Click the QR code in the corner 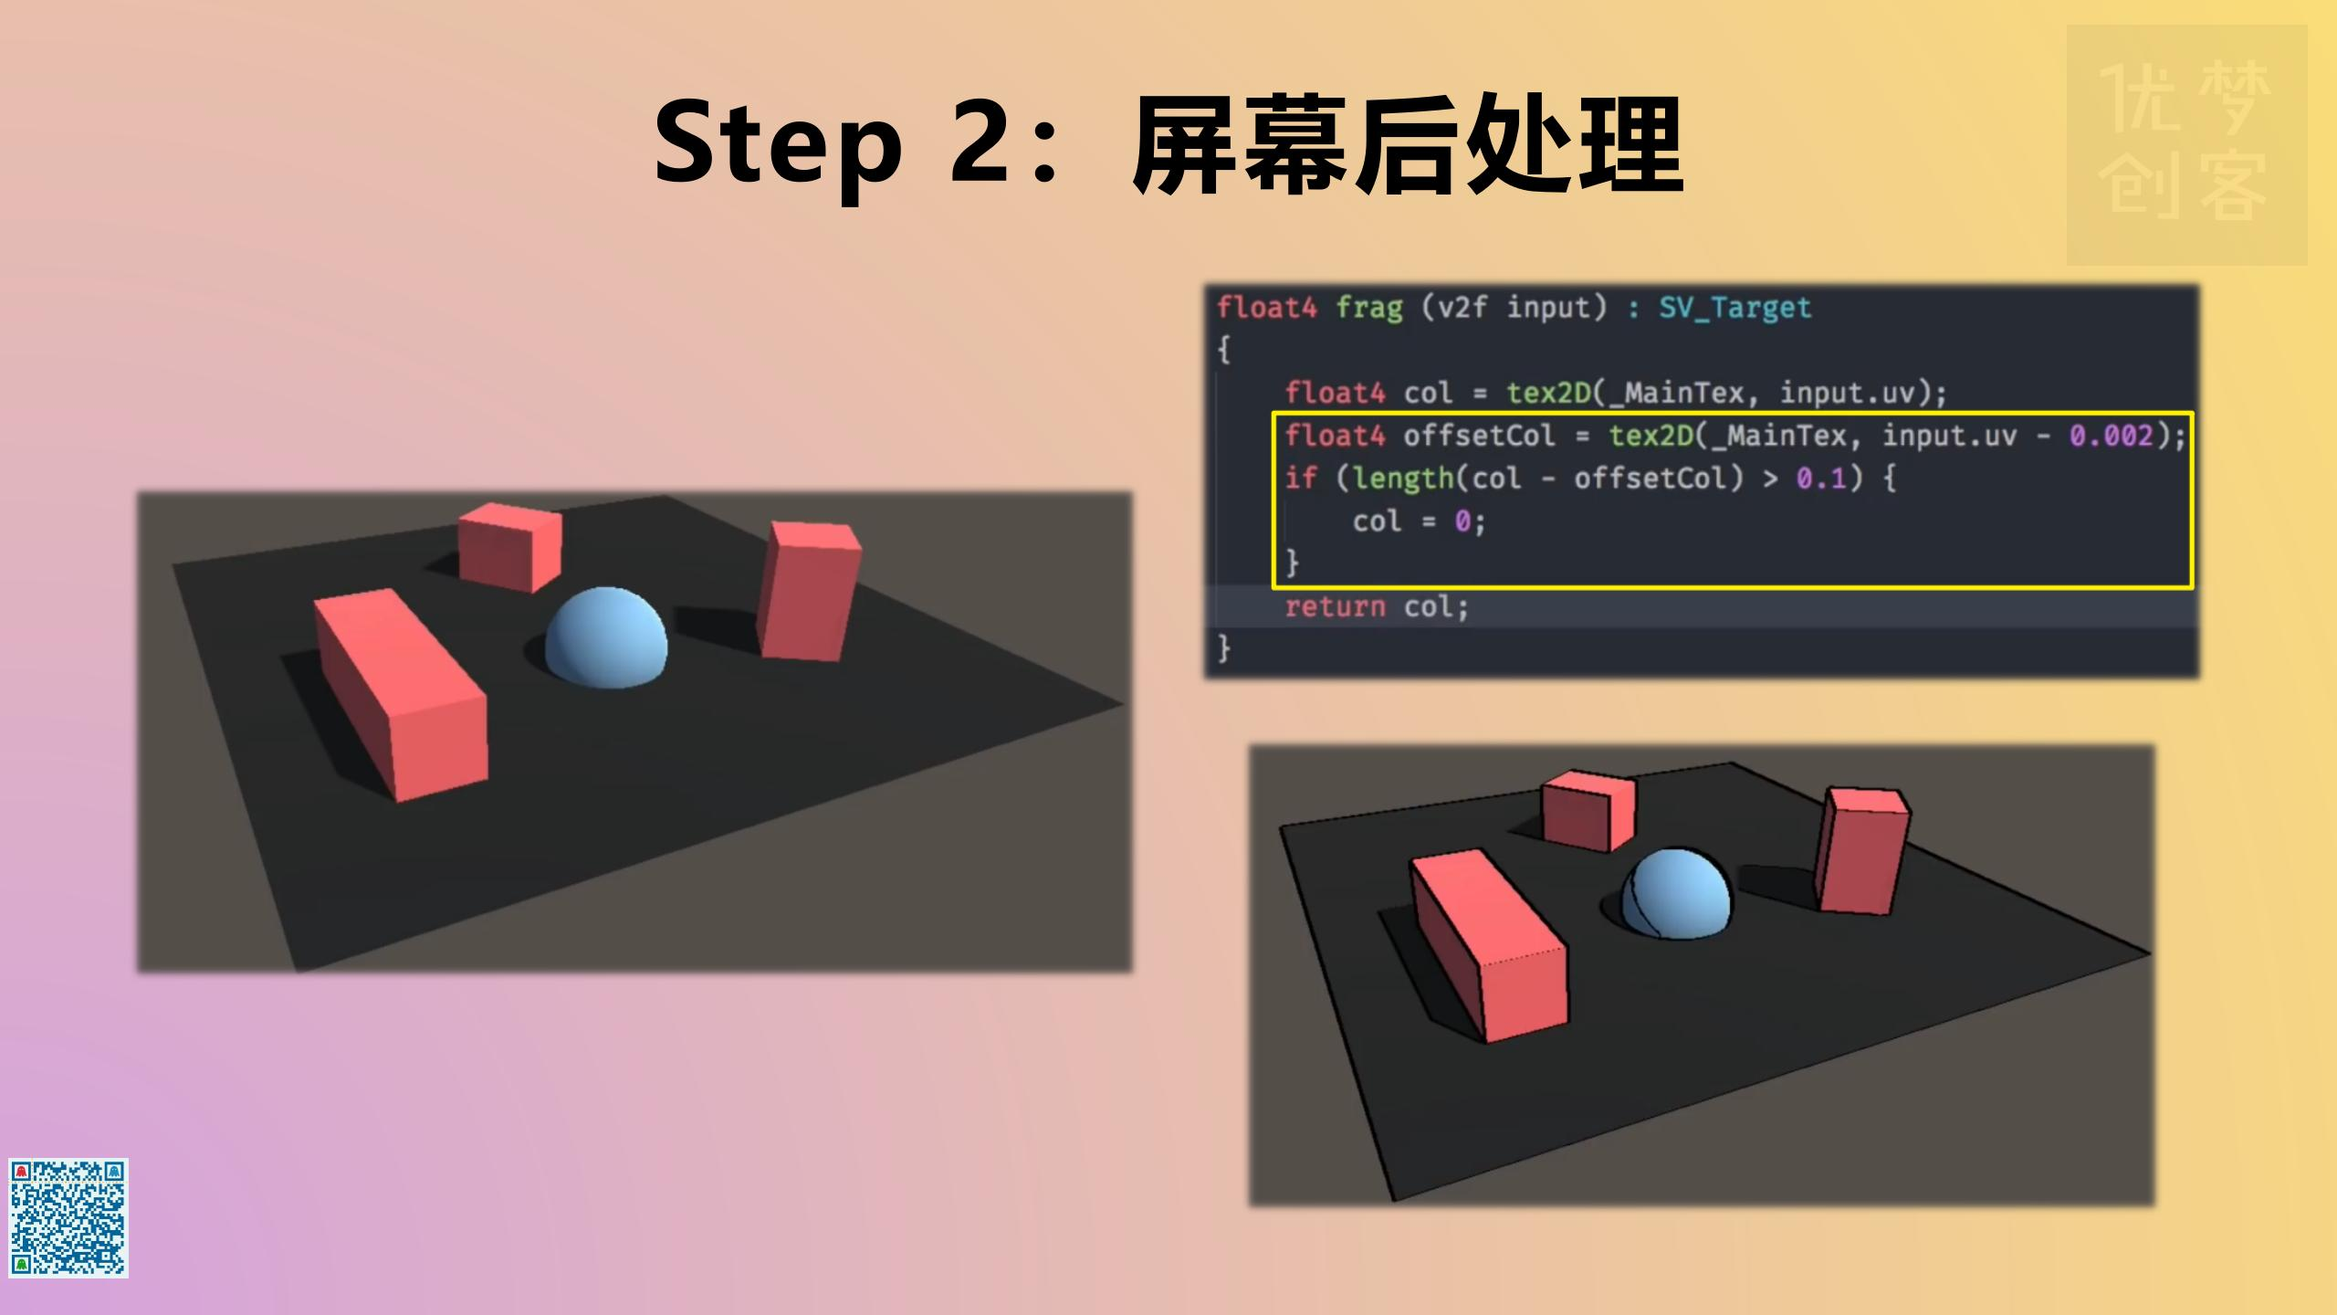pos(68,1217)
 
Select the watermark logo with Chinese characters pos(2186,145)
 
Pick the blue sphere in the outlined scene pos(1678,894)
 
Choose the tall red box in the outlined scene pos(1861,850)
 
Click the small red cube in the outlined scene pos(1588,810)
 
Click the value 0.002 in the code pos(2111,437)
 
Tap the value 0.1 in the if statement pos(1821,479)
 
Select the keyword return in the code pos(1335,607)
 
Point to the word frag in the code pos(1368,308)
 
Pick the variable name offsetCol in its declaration pos(1479,437)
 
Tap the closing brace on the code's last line pos(1224,649)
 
